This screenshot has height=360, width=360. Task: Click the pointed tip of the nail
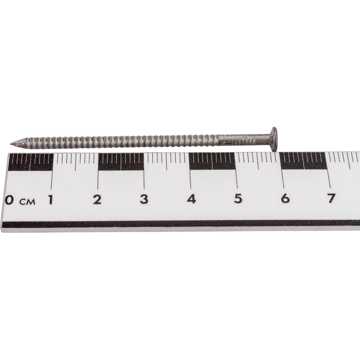(x=11, y=144)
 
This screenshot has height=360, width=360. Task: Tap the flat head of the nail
(x=274, y=139)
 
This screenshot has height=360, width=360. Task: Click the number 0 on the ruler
(x=9, y=200)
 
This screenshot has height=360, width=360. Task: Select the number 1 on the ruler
(x=50, y=199)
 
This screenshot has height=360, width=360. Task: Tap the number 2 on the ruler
(x=97, y=199)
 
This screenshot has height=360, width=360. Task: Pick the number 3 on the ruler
(x=144, y=199)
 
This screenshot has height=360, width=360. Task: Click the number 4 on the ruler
(x=191, y=199)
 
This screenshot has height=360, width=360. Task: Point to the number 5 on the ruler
(x=238, y=198)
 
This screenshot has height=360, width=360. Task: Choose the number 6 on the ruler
(x=285, y=198)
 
